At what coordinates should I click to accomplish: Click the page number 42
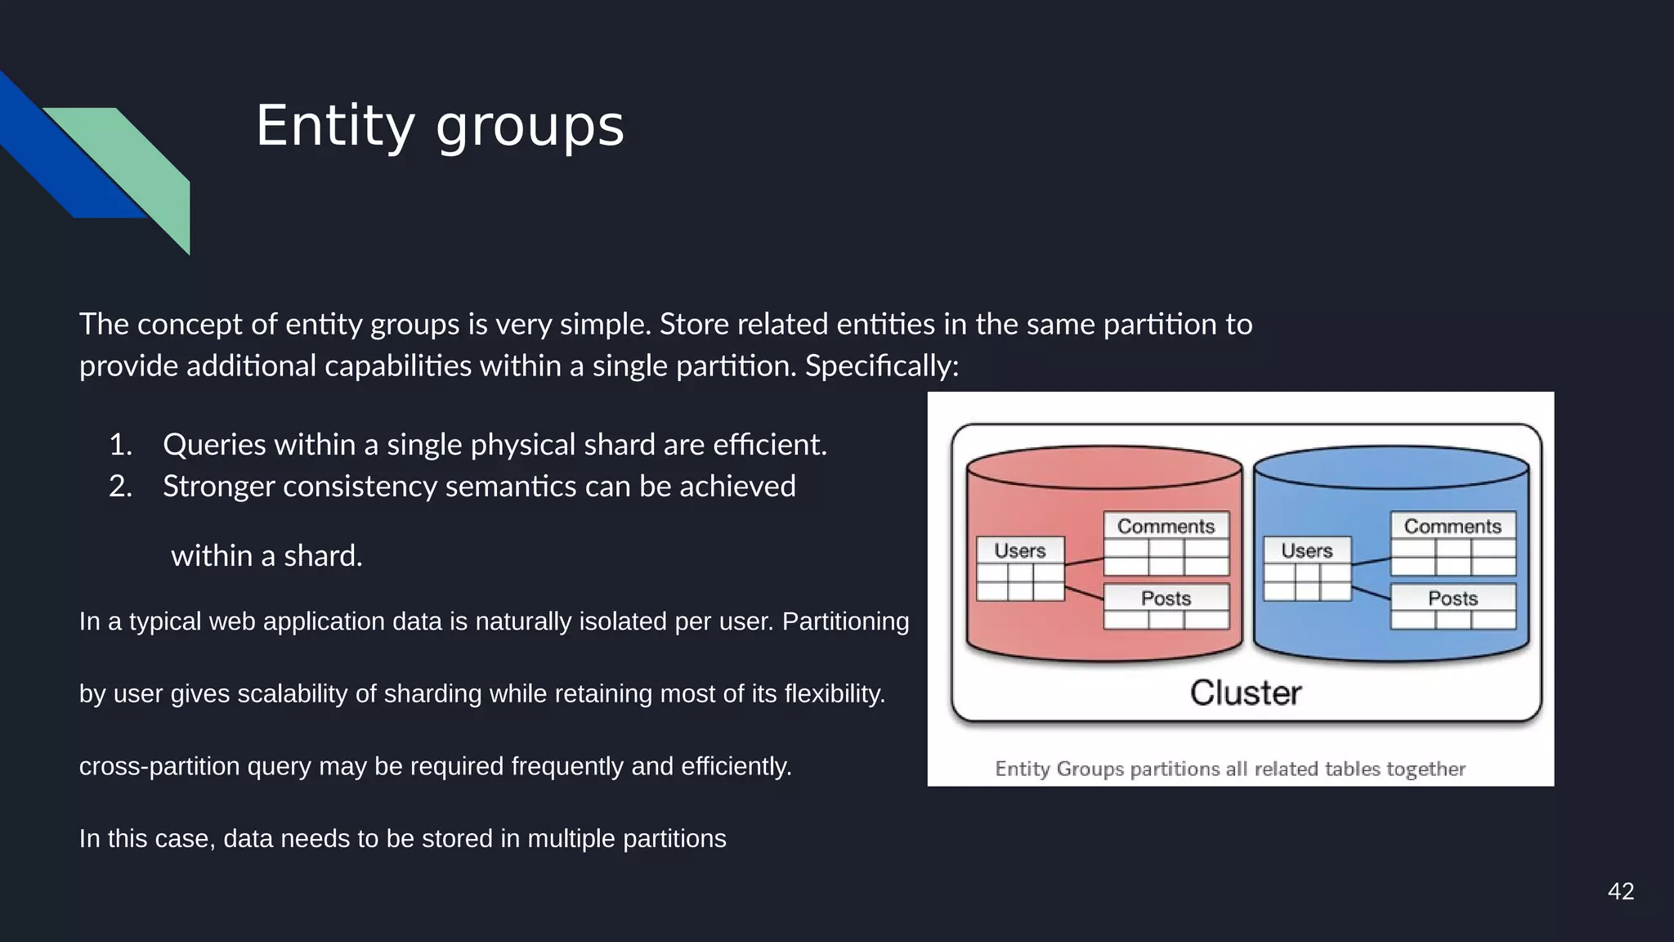click(1620, 891)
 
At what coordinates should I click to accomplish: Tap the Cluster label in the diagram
click(1245, 693)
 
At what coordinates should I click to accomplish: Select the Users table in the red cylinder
click(1020, 568)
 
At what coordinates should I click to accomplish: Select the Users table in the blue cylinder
click(1307, 568)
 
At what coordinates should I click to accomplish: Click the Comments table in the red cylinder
click(1166, 544)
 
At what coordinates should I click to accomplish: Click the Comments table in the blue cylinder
click(1452, 544)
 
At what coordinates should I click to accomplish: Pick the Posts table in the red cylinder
click(1166, 606)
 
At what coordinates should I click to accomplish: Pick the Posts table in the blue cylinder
click(1452, 606)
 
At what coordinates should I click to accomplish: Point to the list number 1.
click(120, 445)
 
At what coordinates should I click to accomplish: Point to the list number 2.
click(120, 487)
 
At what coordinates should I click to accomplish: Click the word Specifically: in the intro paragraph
click(881, 366)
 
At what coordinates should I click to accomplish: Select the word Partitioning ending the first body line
click(845, 621)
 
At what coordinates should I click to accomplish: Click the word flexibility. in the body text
click(835, 693)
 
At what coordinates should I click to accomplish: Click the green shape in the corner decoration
click(143, 168)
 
